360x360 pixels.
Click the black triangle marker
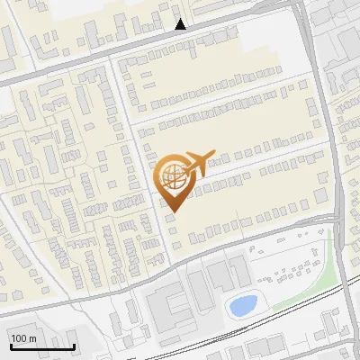[181, 24]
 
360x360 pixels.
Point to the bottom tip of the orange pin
[173, 212]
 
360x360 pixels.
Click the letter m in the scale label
[32, 338]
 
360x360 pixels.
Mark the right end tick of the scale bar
[75, 345]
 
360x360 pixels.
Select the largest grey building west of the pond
[167, 307]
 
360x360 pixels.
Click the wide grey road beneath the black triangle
[180, 38]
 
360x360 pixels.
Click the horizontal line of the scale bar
[41, 346]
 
